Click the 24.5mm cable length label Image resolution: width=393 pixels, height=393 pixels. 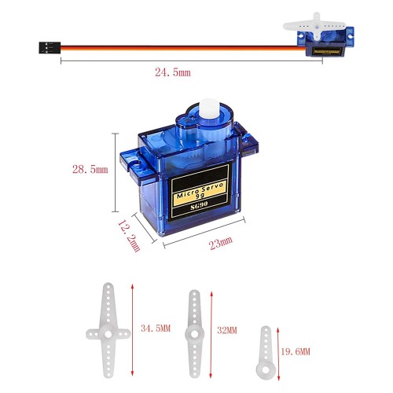tap(173, 72)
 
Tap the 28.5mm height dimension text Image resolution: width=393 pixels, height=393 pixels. tap(90, 169)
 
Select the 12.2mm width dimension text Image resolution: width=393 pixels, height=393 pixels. tap(129, 236)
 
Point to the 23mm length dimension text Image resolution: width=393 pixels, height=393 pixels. tap(221, 243)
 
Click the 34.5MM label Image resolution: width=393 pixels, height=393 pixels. tap(156, 329)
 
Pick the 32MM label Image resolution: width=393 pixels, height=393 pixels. tap(227, 330)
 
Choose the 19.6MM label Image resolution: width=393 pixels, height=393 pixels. tap(296, 351)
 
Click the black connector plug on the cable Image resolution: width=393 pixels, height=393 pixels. tap(50, 48)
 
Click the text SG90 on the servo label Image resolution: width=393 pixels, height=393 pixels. tap(199, 206)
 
